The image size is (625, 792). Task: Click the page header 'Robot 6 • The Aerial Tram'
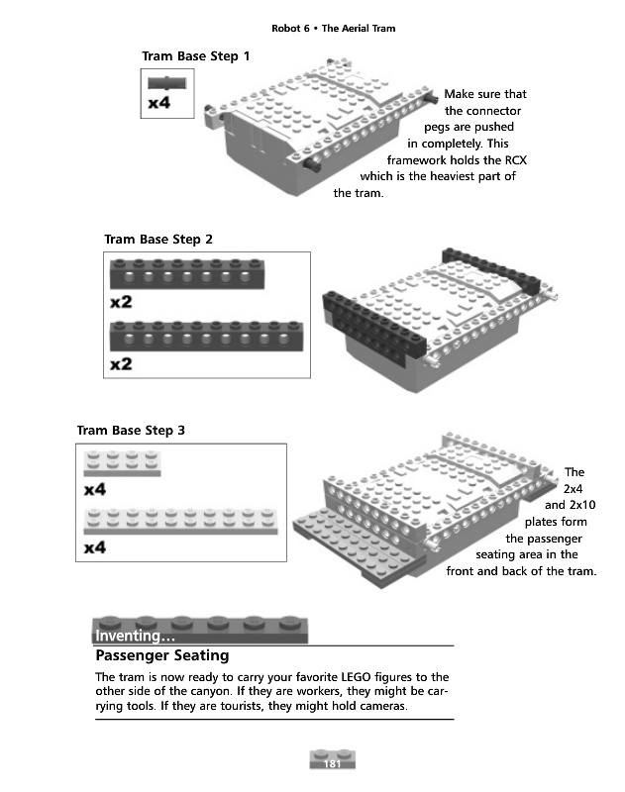[333, 28]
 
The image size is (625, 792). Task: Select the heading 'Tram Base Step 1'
[196, 56]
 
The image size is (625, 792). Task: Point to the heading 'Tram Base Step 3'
[131, 430]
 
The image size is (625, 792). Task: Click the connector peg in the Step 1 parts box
[166, 82]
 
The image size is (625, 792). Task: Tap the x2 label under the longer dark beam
[121, 364]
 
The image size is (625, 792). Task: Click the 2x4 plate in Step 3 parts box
[122, 463]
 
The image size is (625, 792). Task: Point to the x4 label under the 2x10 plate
[95, 547]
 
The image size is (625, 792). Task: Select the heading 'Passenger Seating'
[162, 655]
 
